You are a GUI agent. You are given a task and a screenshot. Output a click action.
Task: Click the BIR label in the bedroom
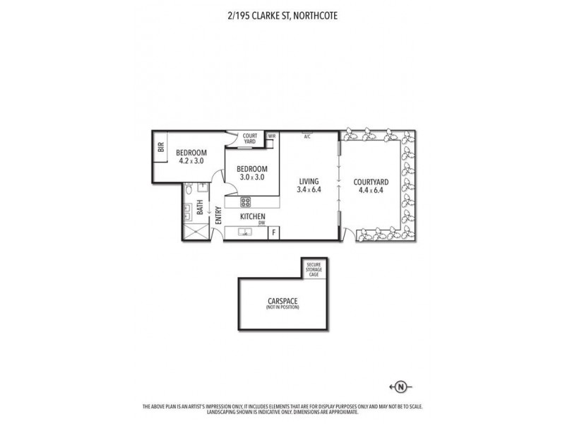161,147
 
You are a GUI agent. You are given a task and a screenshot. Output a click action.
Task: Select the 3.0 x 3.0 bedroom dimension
251,178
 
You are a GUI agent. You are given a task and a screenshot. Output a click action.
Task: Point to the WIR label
271,135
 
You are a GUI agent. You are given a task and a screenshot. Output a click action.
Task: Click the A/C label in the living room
307,136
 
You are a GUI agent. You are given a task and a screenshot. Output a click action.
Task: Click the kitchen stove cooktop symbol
246,199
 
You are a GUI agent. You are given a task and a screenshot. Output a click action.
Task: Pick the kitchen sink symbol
246,230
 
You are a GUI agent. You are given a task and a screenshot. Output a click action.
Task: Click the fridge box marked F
274,231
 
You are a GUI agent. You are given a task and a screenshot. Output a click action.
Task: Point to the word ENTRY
218,216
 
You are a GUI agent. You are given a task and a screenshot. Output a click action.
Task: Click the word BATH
201,208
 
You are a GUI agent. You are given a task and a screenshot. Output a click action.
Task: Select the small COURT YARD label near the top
250,138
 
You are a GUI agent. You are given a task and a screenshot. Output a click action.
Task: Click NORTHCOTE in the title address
307,12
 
